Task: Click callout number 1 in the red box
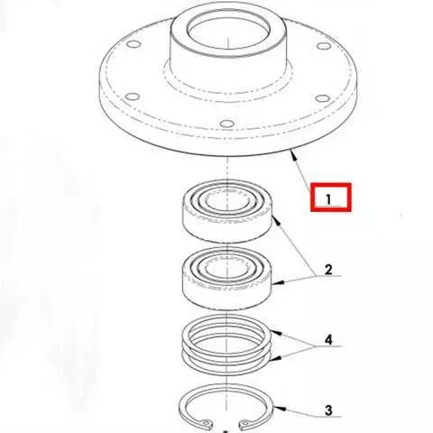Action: [x=328, y=199]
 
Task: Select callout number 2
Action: [x=328, y=270]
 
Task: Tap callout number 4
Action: [x=328, y=340]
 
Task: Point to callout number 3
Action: [x=328, y=410]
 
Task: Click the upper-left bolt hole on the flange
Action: [x=134, y=44]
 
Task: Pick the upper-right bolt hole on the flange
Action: [x=324, y=46]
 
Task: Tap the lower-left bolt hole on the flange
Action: [x=133, y=97]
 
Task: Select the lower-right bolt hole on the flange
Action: [x=323, y=98]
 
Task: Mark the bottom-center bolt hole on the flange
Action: [x=227, y=124]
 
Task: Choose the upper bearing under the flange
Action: [x=227, y=211]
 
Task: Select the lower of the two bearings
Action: [x=227, y=278]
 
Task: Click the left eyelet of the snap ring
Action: [x=206, y=423]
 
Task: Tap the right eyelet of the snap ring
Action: [x=245, y=423]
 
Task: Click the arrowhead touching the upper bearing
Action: [x=276, y=221]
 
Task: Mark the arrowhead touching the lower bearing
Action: [x=277, y=282]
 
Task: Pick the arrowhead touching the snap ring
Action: [x=279, y=409]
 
